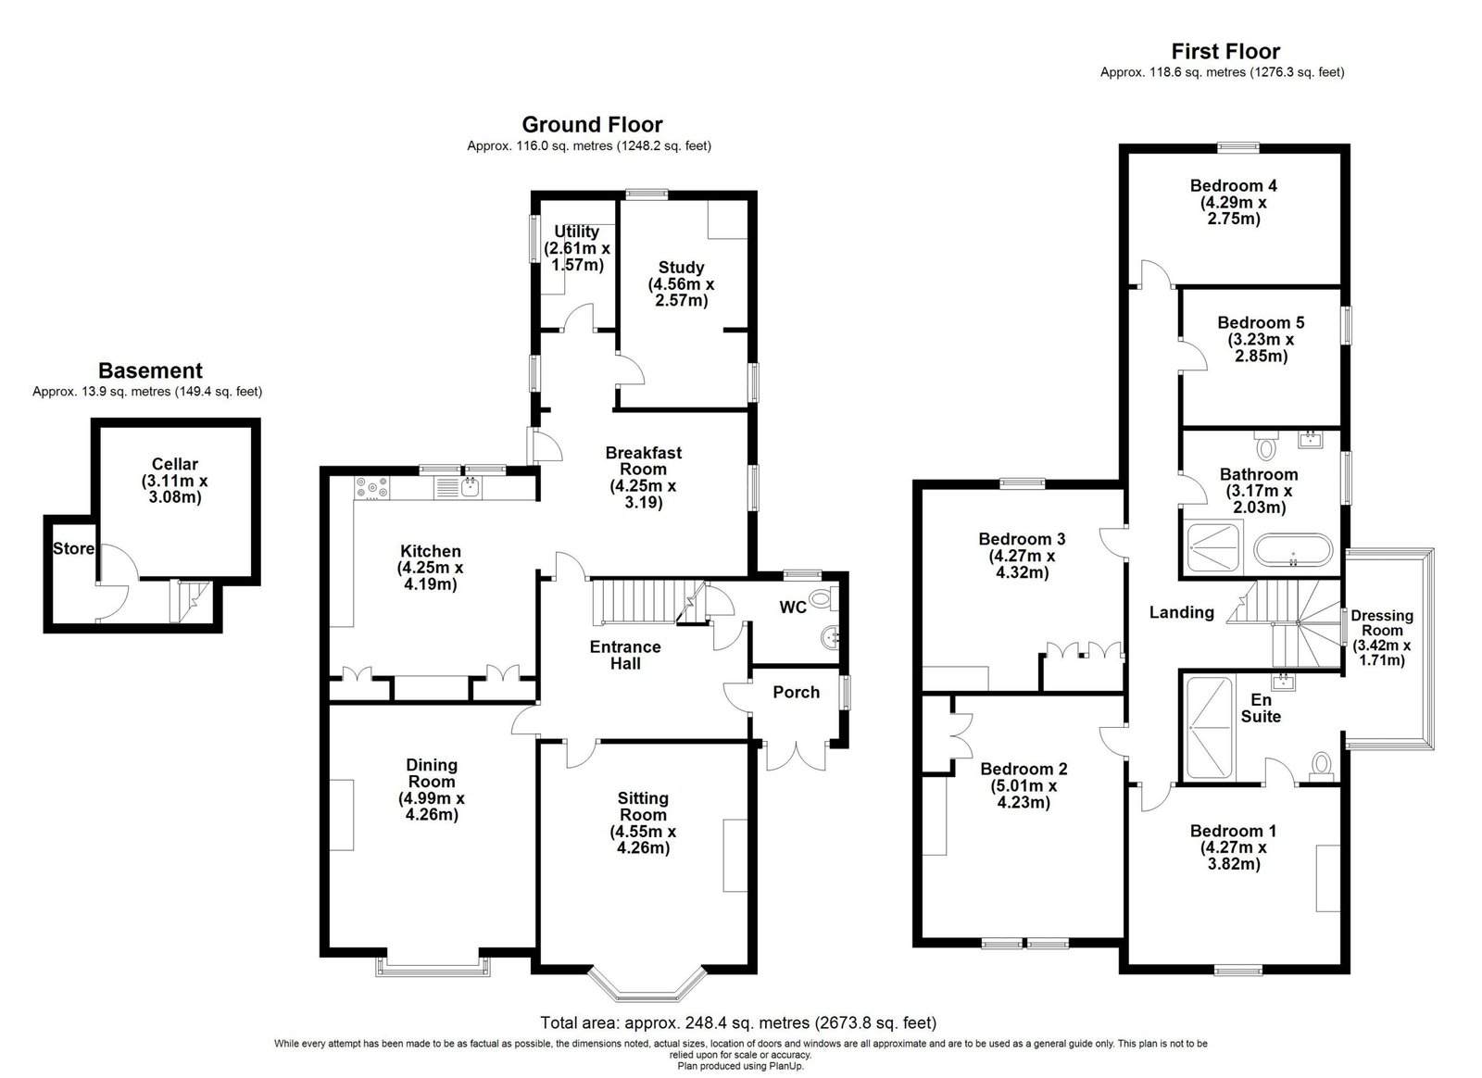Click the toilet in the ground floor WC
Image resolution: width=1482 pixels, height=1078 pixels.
point(823,598)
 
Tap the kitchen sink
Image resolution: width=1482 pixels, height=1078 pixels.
point(471,488)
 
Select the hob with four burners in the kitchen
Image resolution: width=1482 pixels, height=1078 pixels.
point(372,488)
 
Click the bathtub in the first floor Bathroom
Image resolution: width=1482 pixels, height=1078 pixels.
point(1293,549)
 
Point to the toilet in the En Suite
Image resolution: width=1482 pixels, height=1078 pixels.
point(1321,767)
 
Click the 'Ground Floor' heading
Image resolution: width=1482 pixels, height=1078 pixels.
point(592,124)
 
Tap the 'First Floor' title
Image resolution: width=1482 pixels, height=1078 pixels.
point(1225,51)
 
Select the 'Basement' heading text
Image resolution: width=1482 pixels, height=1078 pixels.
point(150,370)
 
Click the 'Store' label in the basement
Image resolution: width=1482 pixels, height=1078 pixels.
point(73,548)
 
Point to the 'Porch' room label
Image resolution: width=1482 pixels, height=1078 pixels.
point(796,692)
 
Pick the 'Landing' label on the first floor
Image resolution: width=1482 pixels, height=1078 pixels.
point(1182,612)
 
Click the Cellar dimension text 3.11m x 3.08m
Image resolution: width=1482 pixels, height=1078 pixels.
point(175,489)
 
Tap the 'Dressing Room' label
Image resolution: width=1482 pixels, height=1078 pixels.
point(1382,623)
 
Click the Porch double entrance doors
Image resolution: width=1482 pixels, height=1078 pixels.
point(796,757)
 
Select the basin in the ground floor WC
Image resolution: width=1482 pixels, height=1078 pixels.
point(830,638)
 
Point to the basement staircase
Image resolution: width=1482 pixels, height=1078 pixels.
point(190,600)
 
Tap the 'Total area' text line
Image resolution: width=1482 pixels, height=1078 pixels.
point(738,1023)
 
